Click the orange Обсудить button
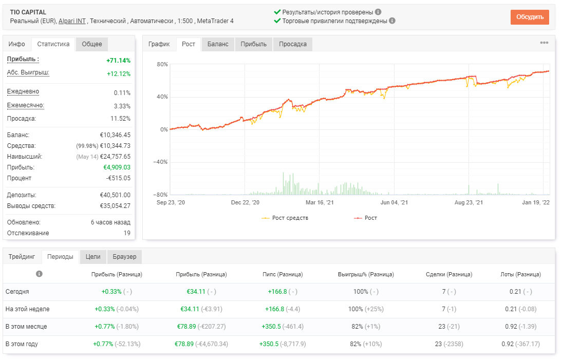(530, 17)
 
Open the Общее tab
(92, 44)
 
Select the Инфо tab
(17, 44)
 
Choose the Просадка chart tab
(292, 44)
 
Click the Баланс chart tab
(218, 44)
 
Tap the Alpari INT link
(72, 21)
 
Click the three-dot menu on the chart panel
(544, 43)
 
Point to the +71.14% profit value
(118, 61)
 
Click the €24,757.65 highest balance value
(115, 157)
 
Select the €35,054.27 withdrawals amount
(115, 206)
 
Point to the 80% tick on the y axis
(162, 64)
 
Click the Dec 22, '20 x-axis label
(245, 202)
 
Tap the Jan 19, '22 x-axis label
(535, 202)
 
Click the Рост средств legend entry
(285, 218)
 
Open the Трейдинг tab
(22, 256)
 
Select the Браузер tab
(124, 256)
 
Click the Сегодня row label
(17, 292)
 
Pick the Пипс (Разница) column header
(283, 274)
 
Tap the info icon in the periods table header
(39, 274)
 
